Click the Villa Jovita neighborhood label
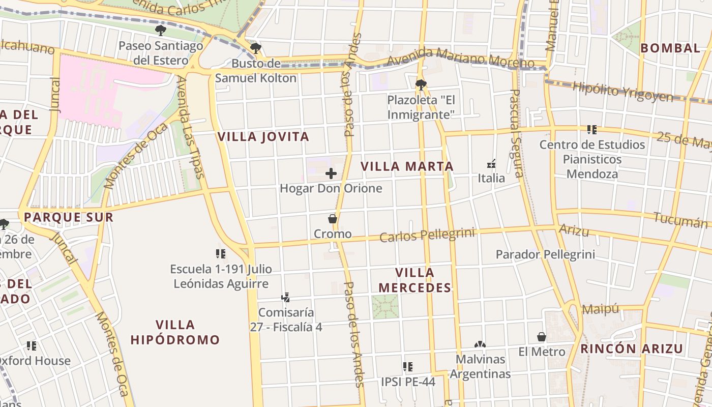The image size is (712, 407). click(x=263, y=136)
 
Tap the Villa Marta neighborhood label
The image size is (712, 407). click(x=407, y=166)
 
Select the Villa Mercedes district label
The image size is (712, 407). click(x=414, y=280)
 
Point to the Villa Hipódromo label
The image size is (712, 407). click(x=175, y=332)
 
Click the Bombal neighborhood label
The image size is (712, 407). click(x=670, y=48)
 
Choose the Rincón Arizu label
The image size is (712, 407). click(x=631, y=348)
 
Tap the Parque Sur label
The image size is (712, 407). click(x=68, y=217)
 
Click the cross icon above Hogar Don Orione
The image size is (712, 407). click(x=331, y=173)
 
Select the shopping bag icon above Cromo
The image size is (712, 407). click(x=333, y=219)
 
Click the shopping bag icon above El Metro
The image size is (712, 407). click(x=542, y=337)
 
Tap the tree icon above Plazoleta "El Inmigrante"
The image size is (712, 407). click(x=421, y=84)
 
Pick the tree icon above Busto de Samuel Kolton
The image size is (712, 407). click(x=256, y=48)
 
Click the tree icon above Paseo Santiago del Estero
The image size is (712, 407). click(x=161, y=30)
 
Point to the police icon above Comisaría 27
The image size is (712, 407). click(x=285, y=297)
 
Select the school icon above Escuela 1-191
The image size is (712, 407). click(x=221, y=253)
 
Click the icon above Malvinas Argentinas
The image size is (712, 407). click(x=480, y=344)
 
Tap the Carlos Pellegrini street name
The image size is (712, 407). click(x=427, y=235)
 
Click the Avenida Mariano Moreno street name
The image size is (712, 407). click(x=460, y=57)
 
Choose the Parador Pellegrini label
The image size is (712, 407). click(x=545, y=254)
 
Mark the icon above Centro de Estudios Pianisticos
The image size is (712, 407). click(x=591, y=130)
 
